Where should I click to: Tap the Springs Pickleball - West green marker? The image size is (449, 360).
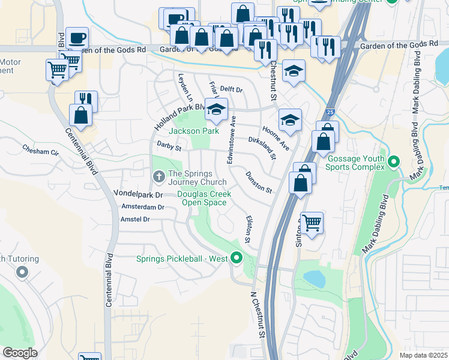(x=237, y=259)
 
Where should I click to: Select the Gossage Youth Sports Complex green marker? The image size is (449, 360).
(x=393, y=161)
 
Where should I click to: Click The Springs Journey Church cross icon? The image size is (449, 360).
(x=158, y=176)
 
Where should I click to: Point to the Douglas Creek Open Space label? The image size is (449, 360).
(x=204, y=198)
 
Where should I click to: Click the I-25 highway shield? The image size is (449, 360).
(x=331, y=112)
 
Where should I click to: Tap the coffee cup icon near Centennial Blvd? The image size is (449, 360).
(x=77, y=39)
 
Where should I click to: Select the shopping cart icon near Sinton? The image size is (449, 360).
(x=312, y=223)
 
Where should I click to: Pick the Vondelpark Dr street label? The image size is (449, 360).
(x=139, y=195)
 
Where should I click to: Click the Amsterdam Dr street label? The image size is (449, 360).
(x=143, y=207)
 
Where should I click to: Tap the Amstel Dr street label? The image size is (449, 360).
(x=134, y=220)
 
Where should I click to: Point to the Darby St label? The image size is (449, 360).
(x=169, y=145)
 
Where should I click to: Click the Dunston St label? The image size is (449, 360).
(x=259, y=182)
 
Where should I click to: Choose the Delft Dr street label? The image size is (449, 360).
(x=231, y=89)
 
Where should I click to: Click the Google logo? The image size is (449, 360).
(x=20, y=353)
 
